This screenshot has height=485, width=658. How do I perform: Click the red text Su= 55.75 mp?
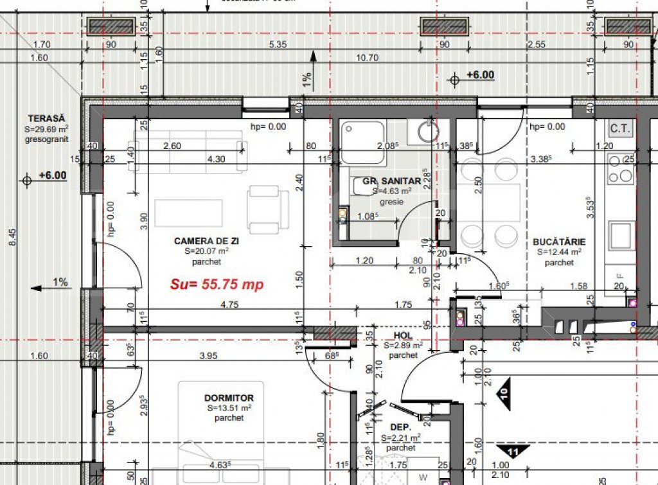coord(217,285)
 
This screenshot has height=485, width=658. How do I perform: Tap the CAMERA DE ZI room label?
coord(206,241)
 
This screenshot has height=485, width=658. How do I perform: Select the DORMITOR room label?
coord(229,398)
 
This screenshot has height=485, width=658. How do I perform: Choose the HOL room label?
coord(402,335)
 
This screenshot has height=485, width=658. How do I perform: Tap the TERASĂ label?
coord(46,118)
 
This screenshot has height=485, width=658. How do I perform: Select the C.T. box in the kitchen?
coord(620,128)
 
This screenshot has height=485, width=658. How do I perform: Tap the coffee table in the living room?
coord(179,213)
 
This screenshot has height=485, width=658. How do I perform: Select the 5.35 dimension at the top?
coord(278,45)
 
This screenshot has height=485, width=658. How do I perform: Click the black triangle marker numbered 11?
coord(512,452)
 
